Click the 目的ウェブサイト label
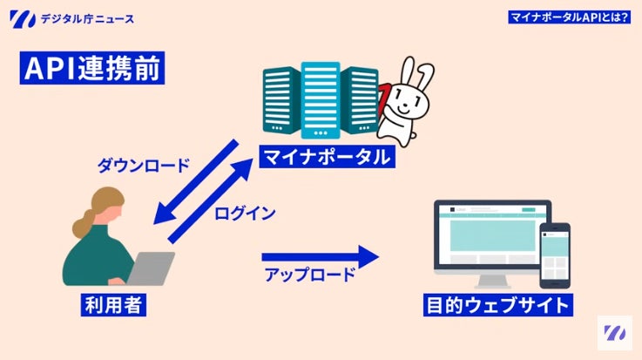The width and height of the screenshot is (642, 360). tap(499, 305)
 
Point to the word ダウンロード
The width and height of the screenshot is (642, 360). tap(143, 165)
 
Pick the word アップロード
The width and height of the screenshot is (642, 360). tap(309, 275)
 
